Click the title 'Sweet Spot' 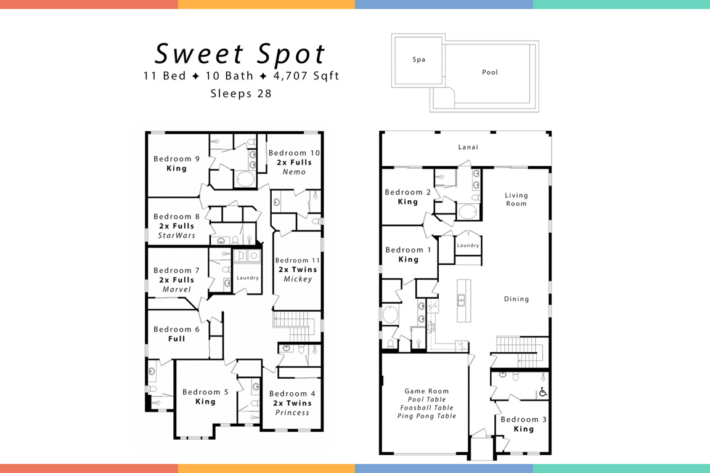(240, 54)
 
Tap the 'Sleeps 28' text (241, 94)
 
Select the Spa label (419, 60)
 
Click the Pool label (490, 72)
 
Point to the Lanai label (468, 147)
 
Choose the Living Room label (516, 199)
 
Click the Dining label (516, 299)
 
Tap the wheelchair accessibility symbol (543, 392)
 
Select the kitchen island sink (462, 300)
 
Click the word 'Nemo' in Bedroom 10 (295, 172)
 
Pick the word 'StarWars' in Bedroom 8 (177, 235)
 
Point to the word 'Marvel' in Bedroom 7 (177, 289)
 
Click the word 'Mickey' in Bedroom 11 (298, 279)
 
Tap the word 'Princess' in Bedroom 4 (293, 413)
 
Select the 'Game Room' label (426, 391)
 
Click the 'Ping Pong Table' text (426, 416)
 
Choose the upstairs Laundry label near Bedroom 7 (248, 278)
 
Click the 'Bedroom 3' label (523, 419)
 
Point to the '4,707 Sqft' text (306, 76)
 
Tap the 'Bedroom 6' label (177, 329)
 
